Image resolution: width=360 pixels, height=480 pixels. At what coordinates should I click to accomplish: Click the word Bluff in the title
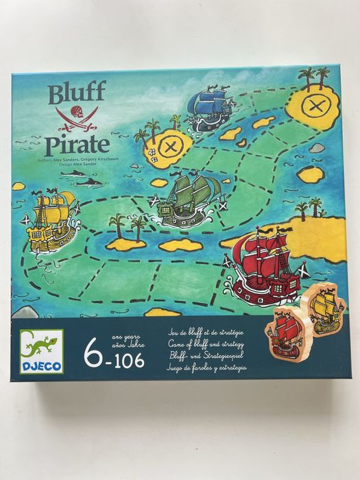(x=77, y=93)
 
